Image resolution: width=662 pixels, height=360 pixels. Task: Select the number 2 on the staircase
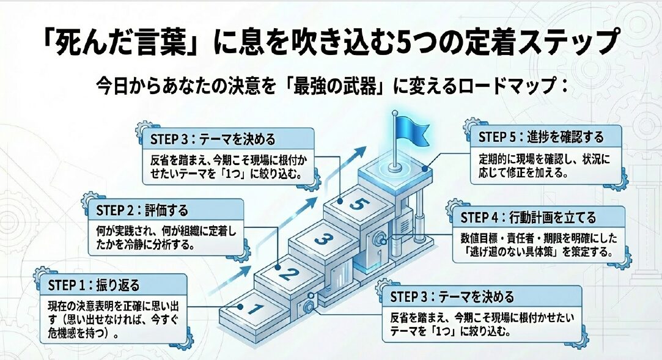(286, 273)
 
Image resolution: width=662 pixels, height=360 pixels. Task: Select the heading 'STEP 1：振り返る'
(94, 285)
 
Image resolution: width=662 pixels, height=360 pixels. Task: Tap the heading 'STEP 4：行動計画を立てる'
(528, 218)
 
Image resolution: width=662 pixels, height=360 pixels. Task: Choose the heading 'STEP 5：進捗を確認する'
(541, 136)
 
